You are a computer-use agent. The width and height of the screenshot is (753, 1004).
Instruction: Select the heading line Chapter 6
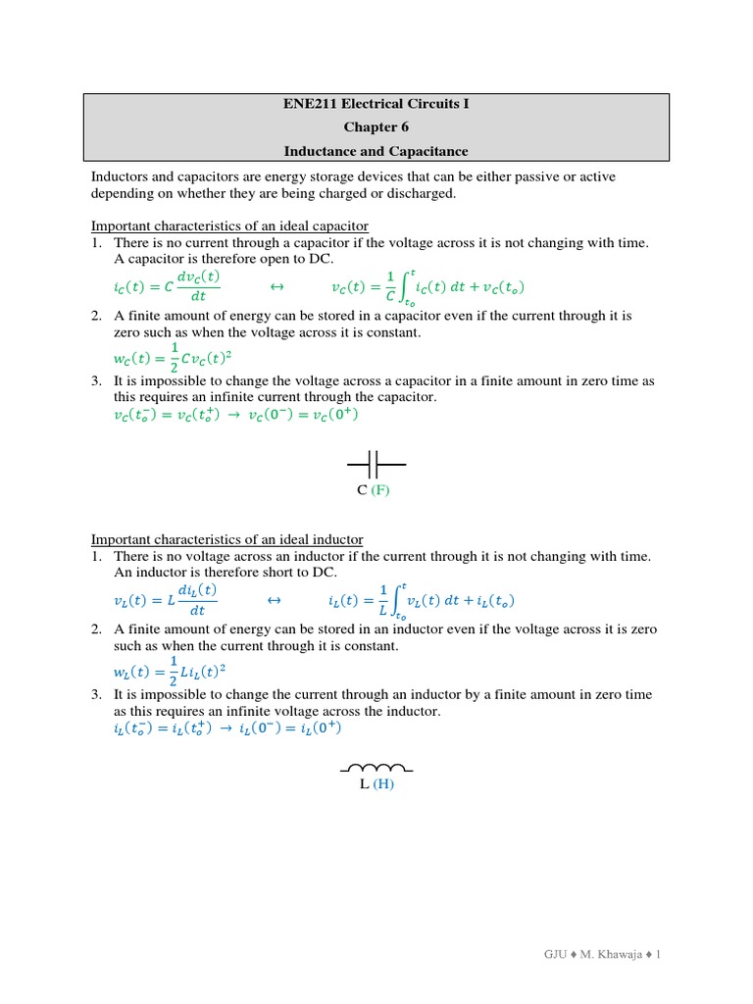click(x=376, y=127)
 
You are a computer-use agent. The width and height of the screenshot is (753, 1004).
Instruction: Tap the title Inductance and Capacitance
click(x=376, y=152)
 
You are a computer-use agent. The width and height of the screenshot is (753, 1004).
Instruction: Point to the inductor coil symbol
click(x=376, y=768)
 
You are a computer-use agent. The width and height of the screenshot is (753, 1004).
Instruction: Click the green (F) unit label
click(x=380, y=490)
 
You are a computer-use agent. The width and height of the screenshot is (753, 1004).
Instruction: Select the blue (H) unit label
click(x=382, y=785)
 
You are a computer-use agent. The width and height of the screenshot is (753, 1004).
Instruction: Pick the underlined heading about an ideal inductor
click(x=226, y=539)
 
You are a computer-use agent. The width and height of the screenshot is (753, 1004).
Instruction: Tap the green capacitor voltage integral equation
click(x=428, y=287)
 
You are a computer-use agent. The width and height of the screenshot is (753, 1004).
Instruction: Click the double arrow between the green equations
click(x=276, y=287)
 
